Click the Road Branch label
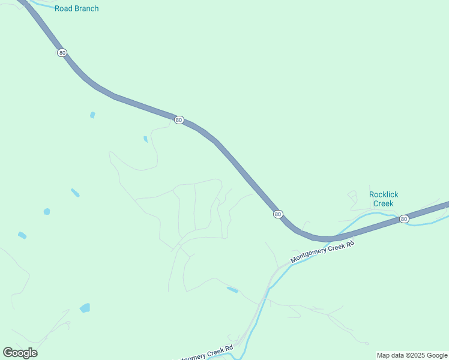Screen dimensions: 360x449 point(76,8)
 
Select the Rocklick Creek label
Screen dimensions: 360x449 point(384,199)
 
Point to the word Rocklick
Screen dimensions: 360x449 point(384,194)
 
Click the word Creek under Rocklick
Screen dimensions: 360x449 point(384,203)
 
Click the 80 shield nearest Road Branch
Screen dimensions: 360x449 point(62,53)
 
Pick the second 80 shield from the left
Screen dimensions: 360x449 point(179,120)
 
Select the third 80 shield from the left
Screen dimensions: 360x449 point(277,214)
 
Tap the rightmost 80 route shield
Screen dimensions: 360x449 point(404,219)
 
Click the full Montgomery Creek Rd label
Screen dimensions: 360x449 point(322,251)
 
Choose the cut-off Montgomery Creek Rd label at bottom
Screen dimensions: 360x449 point(204,354)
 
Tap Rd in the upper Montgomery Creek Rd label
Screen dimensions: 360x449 point(350,244)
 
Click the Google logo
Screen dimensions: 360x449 point(20,352)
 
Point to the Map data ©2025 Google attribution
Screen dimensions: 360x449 point(412,355)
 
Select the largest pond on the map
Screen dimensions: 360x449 point(85,308)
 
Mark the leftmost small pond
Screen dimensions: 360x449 point(22,235)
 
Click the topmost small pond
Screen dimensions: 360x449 point(92,115)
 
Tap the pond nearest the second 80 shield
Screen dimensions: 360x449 point(145,139)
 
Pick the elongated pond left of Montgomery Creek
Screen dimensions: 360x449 point(232,290)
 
